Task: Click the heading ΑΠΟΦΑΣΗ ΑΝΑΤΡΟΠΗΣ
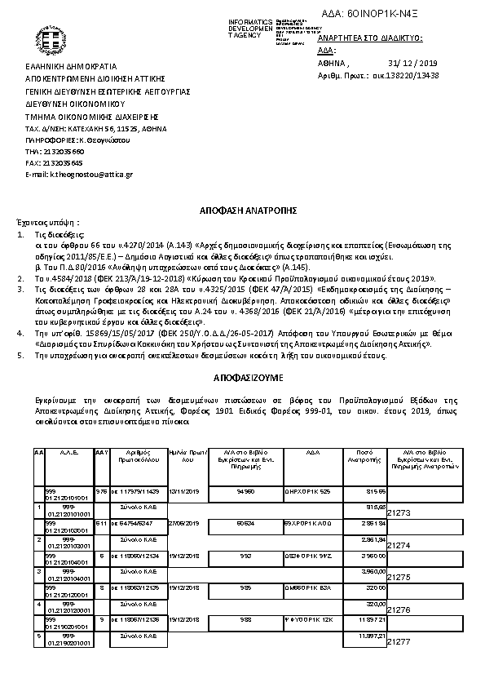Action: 242,210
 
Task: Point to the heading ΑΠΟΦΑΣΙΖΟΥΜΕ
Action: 242,379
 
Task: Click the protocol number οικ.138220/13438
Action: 411,75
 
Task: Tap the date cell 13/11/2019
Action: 183,492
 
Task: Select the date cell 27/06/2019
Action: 183,523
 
